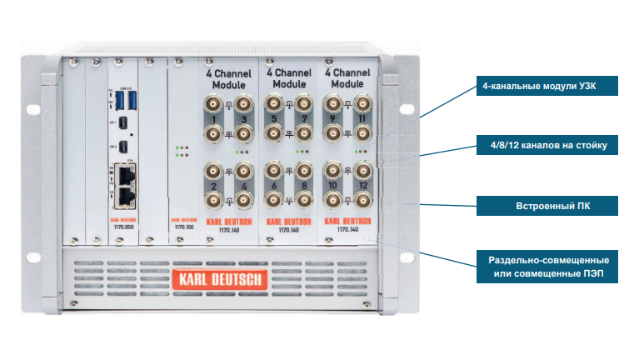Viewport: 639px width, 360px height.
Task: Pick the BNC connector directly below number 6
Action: pos(273,200)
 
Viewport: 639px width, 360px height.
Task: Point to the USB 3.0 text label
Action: pos(127,87)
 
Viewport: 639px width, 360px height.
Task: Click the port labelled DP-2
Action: pos(123,147)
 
